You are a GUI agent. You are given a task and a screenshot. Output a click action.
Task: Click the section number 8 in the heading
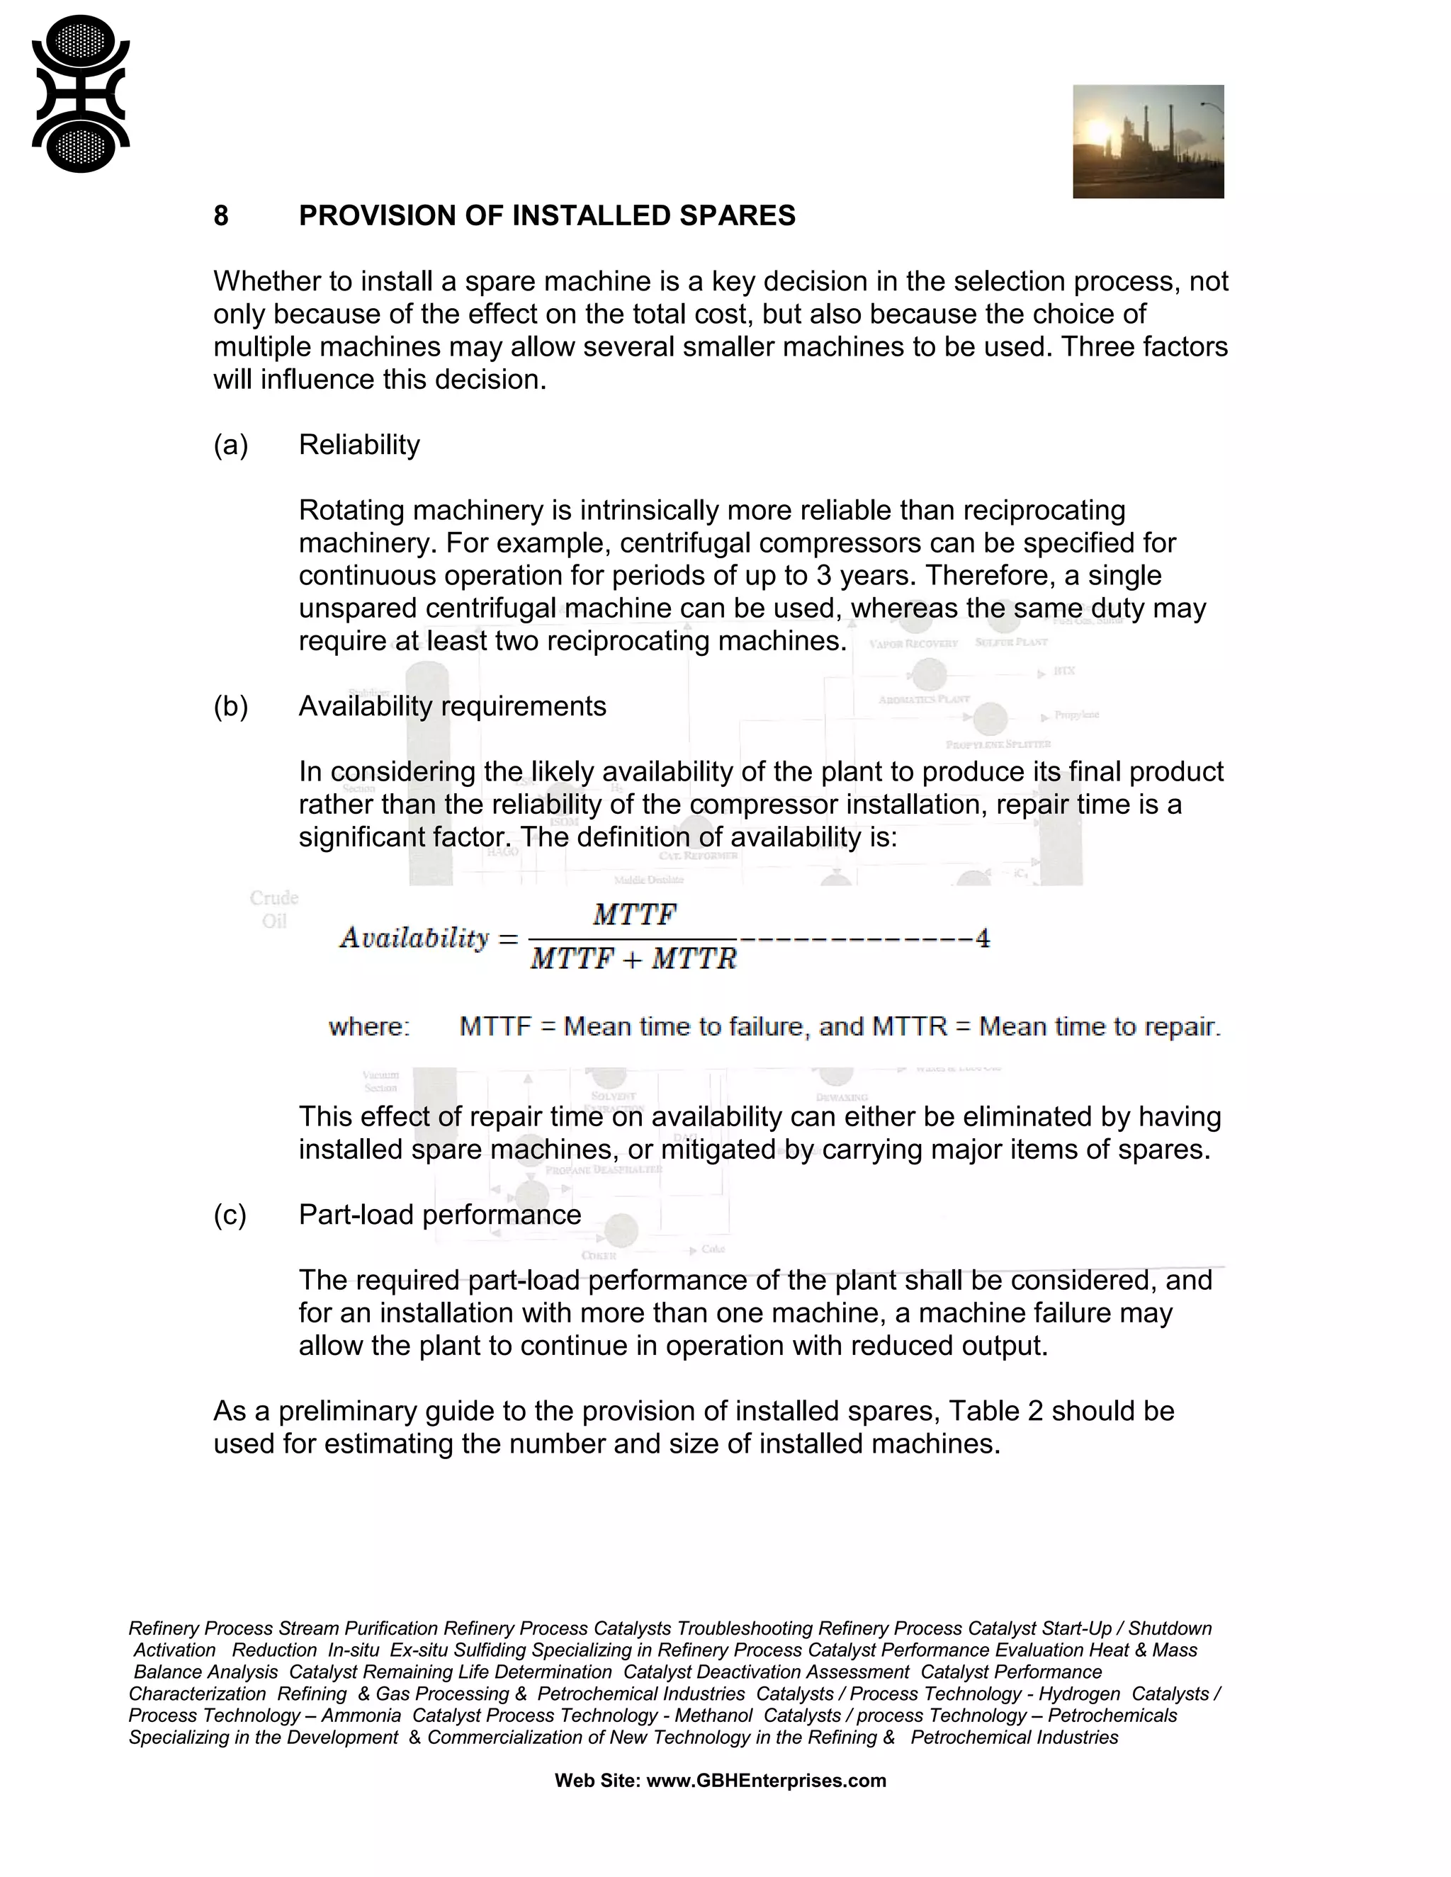click(x=221, y=216)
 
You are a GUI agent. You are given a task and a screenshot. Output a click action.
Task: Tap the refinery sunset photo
click(x=1148, y=141)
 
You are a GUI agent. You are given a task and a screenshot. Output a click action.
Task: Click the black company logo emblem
click(x=80, y=94)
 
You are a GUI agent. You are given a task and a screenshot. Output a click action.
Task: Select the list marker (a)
click(x=230, y=446)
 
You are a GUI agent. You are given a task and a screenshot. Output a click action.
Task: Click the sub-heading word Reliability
click(x=359, y=446)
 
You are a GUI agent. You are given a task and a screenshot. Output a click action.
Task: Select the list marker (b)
click(x=230, y=706)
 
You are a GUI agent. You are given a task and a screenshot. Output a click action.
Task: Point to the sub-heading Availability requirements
click(x=452, y=706)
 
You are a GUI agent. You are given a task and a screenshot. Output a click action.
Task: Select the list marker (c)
click(x=230, y=1214)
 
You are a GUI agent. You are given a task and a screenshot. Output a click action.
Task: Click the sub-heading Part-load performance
click(x=439, y=1214)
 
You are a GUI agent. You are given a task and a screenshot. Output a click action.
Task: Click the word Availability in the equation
click(x=414, y=938)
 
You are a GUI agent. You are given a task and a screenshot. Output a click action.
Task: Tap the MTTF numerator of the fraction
click(x=634, y=914)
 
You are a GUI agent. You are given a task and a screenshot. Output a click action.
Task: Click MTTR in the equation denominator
click(x=694, y=959)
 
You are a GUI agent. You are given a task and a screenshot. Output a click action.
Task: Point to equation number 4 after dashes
click(x=983, y=938)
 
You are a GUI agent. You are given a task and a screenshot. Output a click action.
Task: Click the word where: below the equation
click(x=368, y=1027)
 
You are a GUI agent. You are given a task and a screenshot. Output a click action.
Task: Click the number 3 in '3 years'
click(x=823, y=575)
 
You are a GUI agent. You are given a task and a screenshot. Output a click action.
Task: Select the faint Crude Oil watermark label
click(x=274, y=909)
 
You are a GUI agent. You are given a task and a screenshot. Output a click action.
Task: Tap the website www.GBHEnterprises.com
click(x=766, y=1781)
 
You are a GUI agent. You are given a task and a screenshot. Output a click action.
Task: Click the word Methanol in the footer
click(x=713, y=1716)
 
